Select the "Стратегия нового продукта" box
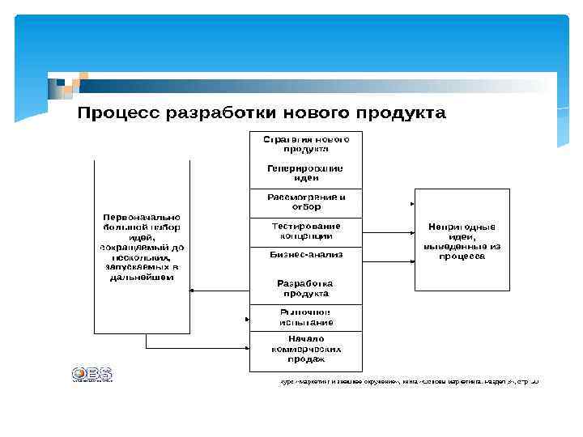[x=305, y=144]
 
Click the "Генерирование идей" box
[x=305, y=173]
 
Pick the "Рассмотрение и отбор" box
[x=305, y=202]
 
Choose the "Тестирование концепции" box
[x=305, y=231]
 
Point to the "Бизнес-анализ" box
[x=305, y=254]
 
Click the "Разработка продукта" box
[x=305, y=288]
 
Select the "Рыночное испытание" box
[x=305, y=317]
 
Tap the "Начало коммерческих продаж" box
[x=305, y=349]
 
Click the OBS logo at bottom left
[x=91, y=374]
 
